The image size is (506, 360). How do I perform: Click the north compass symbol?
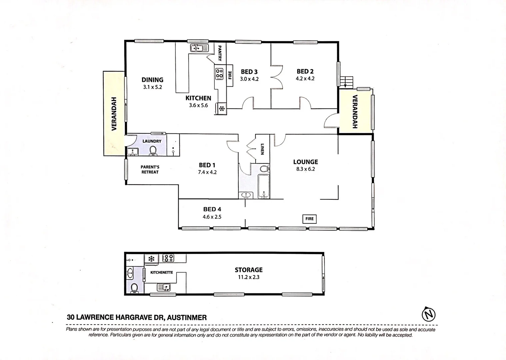(x=429, y=314)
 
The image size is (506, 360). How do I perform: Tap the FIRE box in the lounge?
(x=309, y=219)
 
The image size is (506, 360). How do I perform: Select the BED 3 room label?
(x=249, y=72)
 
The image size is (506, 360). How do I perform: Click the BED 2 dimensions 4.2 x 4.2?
(x=305, y=79)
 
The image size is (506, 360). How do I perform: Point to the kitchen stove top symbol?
(x=219, y=74)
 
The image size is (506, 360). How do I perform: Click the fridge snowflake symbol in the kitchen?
(x=222, y=108)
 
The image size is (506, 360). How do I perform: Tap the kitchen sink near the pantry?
(x=199, y=48)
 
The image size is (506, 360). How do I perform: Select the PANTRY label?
(x=220, y=53)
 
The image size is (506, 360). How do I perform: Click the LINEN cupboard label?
(x=262, y=149)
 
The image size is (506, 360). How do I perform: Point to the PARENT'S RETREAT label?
(x=150, y=169)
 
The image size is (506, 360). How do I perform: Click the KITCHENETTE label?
(x=161, y=272)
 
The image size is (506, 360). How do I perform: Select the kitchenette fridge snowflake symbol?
(x=151, y=258)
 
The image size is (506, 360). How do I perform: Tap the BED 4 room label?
(x=212, y=209)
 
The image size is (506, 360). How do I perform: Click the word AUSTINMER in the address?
(x=187, y=317)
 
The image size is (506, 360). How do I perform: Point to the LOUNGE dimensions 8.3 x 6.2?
(x=305, y=169)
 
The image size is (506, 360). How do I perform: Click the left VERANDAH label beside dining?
(x=114, y=113)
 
